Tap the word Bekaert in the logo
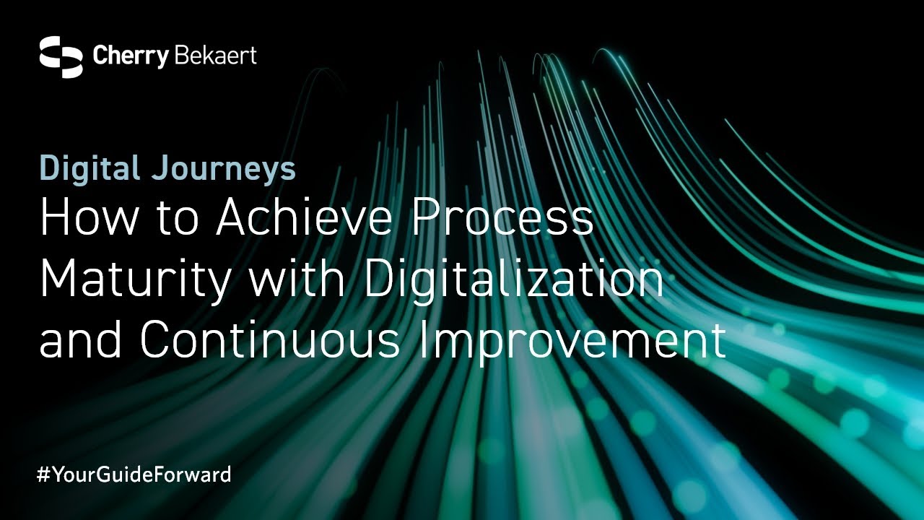coord(216,56)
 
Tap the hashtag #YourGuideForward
coord(134,474)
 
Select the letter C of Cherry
coord(100,56)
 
